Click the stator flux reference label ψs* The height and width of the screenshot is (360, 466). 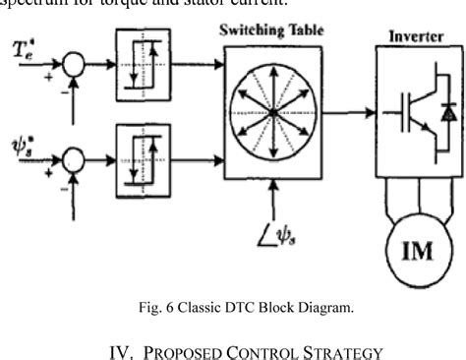click(x=23, y=129)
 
